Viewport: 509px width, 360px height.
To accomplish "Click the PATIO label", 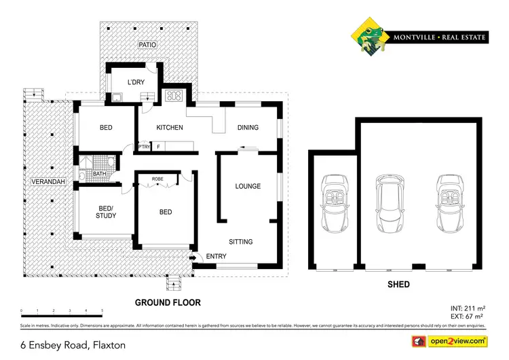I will point(149,45).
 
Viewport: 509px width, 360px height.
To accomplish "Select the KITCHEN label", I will point(170,128).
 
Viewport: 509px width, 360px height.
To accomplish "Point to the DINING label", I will point(248,128).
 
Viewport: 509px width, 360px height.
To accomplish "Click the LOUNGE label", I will point(248,186).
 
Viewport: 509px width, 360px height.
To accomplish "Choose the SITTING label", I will point(241,242).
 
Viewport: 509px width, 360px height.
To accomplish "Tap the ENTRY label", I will point(216,257).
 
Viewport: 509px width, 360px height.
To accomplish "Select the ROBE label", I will point(157,179).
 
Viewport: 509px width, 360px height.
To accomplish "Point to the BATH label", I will point(99,174).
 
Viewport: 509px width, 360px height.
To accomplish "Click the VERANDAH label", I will point(48,183).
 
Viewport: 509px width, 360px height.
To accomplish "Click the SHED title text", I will point(398,285).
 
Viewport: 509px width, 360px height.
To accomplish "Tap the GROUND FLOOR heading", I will point(168,302).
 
